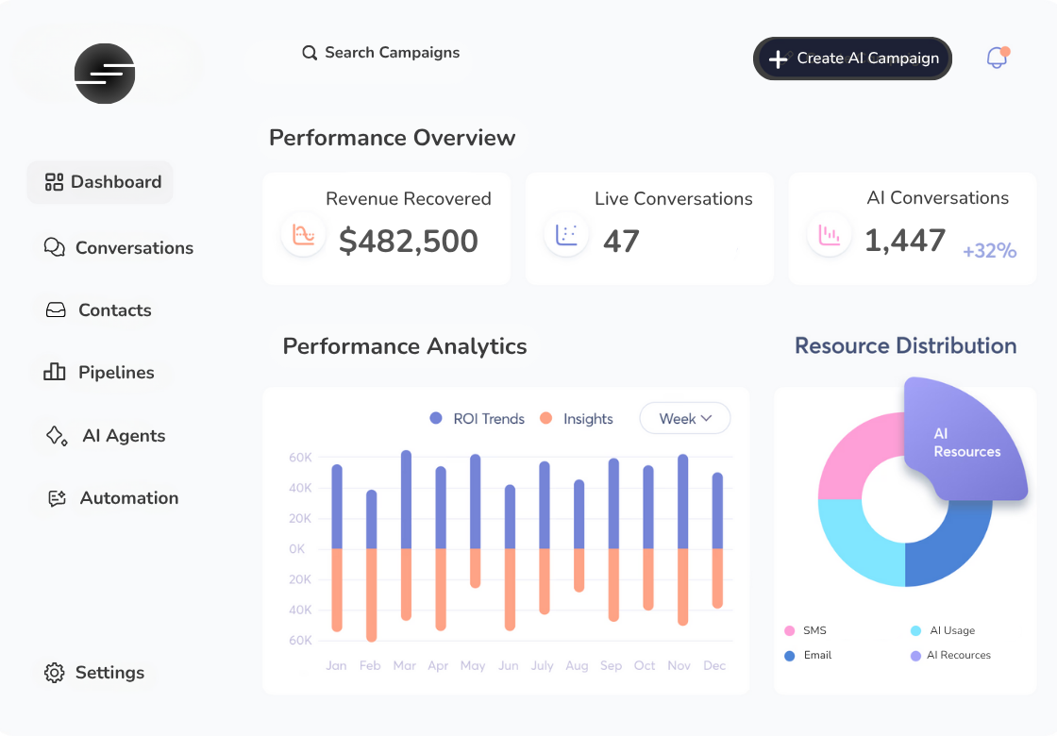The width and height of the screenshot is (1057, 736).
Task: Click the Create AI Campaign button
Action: (852, 59)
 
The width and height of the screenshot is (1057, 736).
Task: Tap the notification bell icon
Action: (997, 58)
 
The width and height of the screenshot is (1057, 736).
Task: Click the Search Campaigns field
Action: (381, 53)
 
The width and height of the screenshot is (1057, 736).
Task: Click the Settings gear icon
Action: (55, 673)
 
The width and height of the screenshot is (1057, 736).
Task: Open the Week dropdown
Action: (685, 419)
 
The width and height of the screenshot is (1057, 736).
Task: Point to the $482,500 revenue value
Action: (409, 242)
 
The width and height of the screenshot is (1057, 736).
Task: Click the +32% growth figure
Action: (989, 251)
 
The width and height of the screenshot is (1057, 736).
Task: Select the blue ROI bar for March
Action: (406, 500)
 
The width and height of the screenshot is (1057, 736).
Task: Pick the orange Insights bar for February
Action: (371, 594)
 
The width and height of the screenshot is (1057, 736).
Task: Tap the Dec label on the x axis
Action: (714, 665)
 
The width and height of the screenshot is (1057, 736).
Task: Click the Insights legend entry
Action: (577, 419)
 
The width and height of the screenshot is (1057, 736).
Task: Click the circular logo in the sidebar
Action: (105, 74)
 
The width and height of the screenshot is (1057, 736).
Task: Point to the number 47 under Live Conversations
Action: (621, 242)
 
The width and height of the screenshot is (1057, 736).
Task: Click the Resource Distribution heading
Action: (905, 346)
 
